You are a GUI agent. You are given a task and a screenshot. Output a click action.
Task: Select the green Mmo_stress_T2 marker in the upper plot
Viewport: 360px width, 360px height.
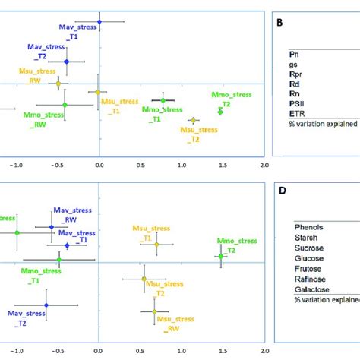[220, 112]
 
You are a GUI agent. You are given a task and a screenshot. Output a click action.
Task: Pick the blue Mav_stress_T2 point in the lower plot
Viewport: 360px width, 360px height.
[46, 305]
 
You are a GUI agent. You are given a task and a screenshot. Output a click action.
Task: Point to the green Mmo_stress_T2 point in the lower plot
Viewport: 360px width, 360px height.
[220, 256]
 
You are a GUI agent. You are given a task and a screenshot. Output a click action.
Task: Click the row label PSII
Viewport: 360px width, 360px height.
[298, 101]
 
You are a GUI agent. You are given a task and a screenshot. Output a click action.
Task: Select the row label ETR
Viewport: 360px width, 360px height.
[297, 111]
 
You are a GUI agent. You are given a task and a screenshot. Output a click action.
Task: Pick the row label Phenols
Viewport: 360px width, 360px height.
[308, 226]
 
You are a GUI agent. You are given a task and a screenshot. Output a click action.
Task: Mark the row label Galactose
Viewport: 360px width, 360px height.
[311, 289]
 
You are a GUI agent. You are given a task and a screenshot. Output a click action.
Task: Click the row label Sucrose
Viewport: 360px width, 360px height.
[309, 247]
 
